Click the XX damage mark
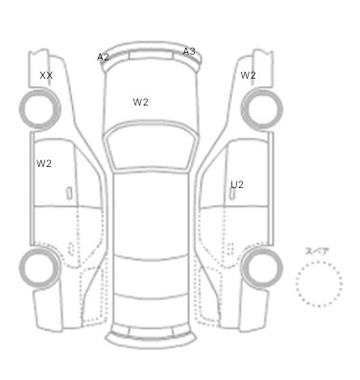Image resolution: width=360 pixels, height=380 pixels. pos(46,76)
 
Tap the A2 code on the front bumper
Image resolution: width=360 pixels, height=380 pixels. pos(103,58)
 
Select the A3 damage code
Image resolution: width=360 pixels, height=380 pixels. pos(189,51)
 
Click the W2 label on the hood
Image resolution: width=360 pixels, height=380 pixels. pos(140,102)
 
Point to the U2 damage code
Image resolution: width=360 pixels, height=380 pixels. pos(237,184)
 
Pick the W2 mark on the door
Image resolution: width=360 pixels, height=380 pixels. pos(44,163)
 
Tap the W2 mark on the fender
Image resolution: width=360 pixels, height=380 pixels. pos(248,75)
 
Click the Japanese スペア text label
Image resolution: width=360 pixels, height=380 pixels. pos(317,251)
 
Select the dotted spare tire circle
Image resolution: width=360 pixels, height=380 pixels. pos(319,261)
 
